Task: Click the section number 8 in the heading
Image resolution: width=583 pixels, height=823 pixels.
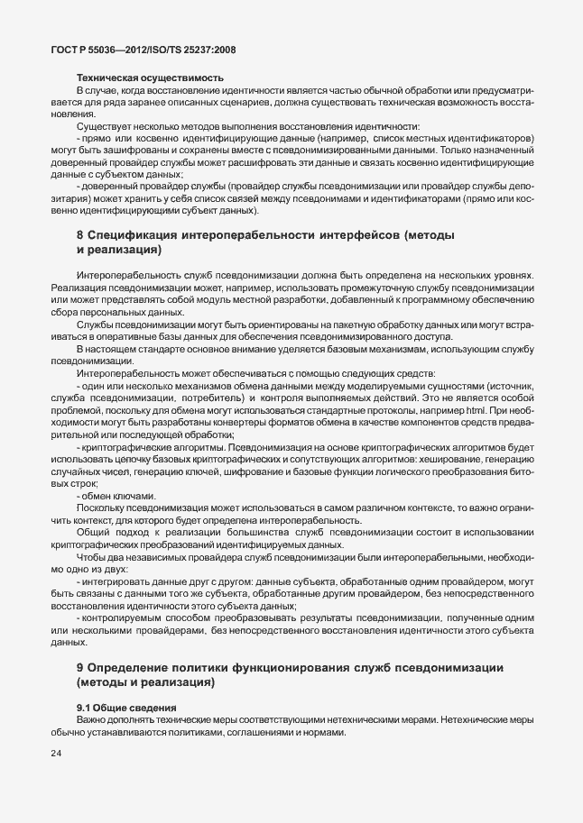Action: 80,236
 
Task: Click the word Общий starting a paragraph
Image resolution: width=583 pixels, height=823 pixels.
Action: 94,533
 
